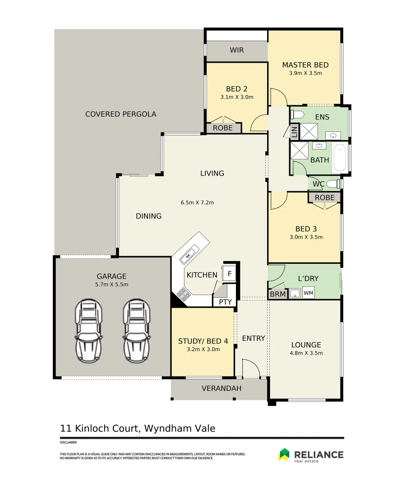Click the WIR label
pos(237,50)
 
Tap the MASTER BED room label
pos(305,65)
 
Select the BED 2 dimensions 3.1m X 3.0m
pos(237,97)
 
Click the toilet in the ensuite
pos(297,114)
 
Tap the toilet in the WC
pos(334,184)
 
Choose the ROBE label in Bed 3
pos(325,197)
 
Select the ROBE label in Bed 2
pos(223,128)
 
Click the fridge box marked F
pos(229,274)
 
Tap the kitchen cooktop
pos(184,294)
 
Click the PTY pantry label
pos(225,302)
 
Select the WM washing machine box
pos(308,293)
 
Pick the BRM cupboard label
pos(278,294)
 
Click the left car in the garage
pos(88,331)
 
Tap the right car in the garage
pos(137,331)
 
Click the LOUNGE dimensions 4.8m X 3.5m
pos(306,353)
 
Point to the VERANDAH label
pos(221,388)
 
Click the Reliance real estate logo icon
pos(284,455)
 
